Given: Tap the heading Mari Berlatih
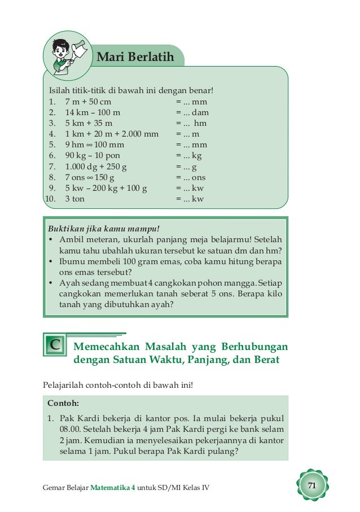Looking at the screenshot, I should pyautogui.click(x=135, y=57).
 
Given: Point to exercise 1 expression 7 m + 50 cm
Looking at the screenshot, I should pyautogui.click(x=88, y=102).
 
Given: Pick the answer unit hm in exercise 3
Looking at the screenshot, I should pyautogui.click(x=200, y=124).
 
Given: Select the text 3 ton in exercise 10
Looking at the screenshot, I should pyautogui.click(x=75, y=199).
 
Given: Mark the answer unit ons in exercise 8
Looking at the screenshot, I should pyautogui.click(x=199, y=177).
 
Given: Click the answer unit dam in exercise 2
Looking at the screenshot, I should pyautogui.click(x=200, y=113).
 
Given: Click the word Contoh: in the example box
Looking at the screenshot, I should pyautogui.click(x=63, y=404).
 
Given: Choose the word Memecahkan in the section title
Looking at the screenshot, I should pyautogui.click(x=106, y=345).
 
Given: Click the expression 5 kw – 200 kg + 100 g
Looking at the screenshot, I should pyautogui.click(x=106, y=188).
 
